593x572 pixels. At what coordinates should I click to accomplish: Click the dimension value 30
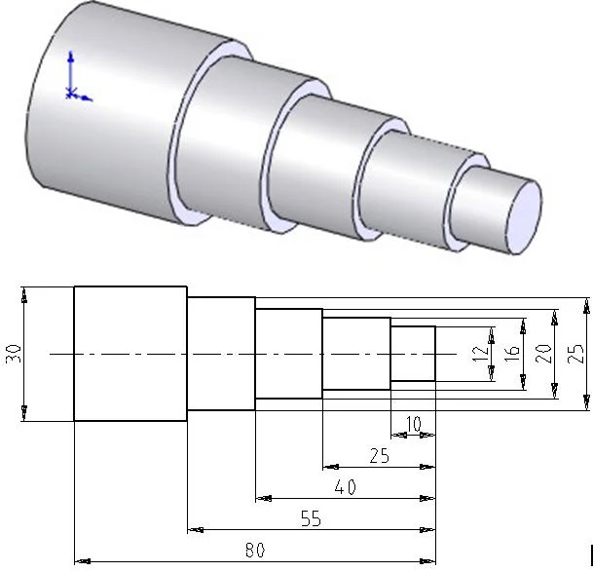(13, 353)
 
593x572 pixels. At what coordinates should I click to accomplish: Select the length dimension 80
(254, 551)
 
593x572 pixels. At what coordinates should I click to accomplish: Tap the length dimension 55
(310, 519)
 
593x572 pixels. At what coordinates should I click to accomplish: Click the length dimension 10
(413, 424)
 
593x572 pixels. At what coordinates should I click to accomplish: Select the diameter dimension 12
(478, 354)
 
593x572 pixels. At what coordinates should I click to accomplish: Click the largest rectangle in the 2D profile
(130, 354)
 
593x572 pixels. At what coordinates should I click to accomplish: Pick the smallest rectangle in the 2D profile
(413, 354)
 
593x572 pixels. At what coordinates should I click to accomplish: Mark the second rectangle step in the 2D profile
(221, 354)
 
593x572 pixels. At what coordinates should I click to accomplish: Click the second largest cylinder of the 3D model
(229, 141)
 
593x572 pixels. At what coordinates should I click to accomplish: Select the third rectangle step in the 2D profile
(288, 354)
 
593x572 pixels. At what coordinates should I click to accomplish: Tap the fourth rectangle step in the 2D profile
(356, 354)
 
